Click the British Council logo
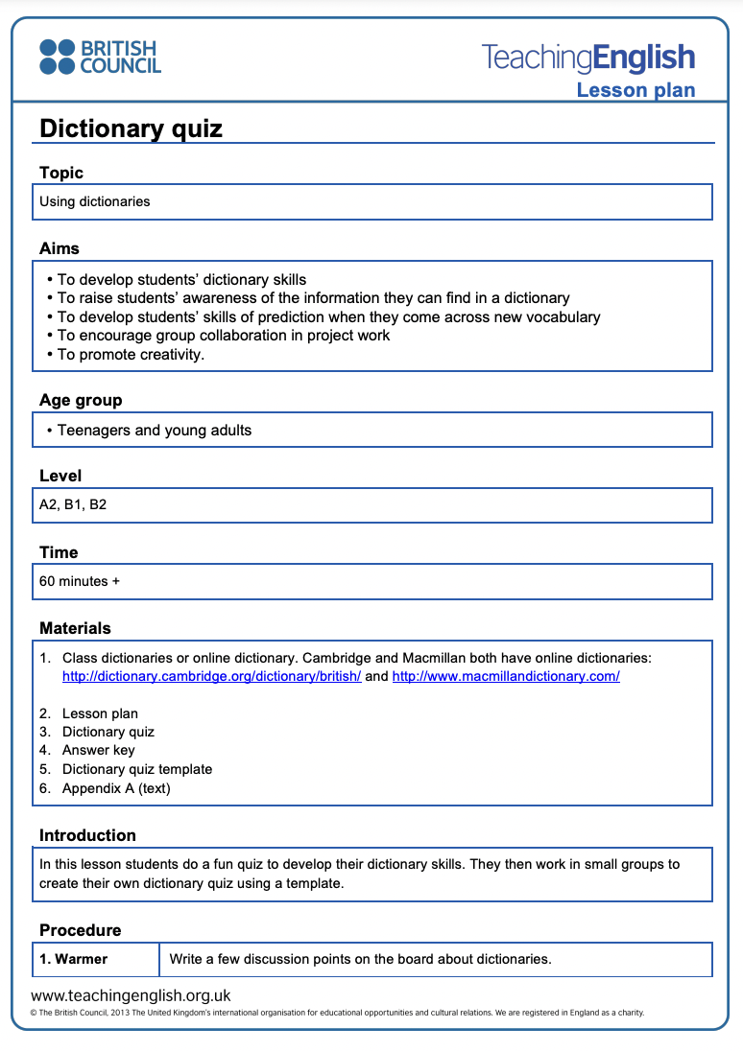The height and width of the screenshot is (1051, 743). [x=100, y=57]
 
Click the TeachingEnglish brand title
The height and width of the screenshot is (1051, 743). [x=587, y=58]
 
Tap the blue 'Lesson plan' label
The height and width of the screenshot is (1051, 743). [x=635, y=90]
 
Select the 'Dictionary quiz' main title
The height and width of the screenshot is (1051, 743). [x=131, y=128]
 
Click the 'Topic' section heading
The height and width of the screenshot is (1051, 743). [x=61, y=173]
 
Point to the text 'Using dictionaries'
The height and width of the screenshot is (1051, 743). [x=95, y=201]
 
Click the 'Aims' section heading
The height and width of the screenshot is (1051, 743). [x=60, y=248]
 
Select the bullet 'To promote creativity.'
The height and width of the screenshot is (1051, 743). [x=131, y=354]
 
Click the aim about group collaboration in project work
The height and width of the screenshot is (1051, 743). [x=223, y=336]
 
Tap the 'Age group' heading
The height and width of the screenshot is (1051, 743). [x=81, y=400]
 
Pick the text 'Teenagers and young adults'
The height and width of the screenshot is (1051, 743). [x=154, y=430]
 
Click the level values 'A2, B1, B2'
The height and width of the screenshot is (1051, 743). [x=73, y=504]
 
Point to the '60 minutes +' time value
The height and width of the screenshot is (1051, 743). [x=80, y=581]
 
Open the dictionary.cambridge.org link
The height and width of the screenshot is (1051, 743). [x=211, y=676]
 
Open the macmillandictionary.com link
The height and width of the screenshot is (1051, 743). [x=506, y=676]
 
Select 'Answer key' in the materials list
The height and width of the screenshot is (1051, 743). [x=98, y=750]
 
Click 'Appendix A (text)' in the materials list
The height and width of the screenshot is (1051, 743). [x=116, y=788]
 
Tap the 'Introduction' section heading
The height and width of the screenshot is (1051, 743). [x=87, y=835]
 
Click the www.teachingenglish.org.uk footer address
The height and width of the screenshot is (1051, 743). [x=131, y=996]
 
